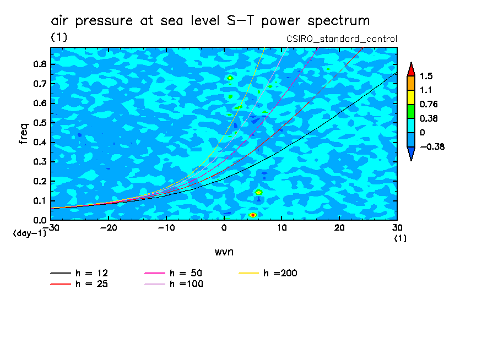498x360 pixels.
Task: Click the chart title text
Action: (x=210, y=21)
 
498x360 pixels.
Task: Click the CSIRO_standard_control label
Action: (x=342, y=39)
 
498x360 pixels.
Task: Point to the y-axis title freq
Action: (x=23, y=134)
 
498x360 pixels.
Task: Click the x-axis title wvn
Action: (x=223, y=252)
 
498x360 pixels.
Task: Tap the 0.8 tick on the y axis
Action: (x=39, y=64)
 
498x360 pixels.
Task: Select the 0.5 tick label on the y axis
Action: (x=39, y=123)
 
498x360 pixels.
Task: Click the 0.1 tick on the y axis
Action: (x=39, y=201)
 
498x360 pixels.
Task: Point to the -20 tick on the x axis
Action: (x=109, y=228)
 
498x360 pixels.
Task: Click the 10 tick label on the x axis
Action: (x=281, y=228)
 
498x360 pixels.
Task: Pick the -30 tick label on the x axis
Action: (x=51, y=228)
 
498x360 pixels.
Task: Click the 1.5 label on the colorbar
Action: (x=426, y=76)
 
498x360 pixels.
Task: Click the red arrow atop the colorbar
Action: (x=410, y=69)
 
